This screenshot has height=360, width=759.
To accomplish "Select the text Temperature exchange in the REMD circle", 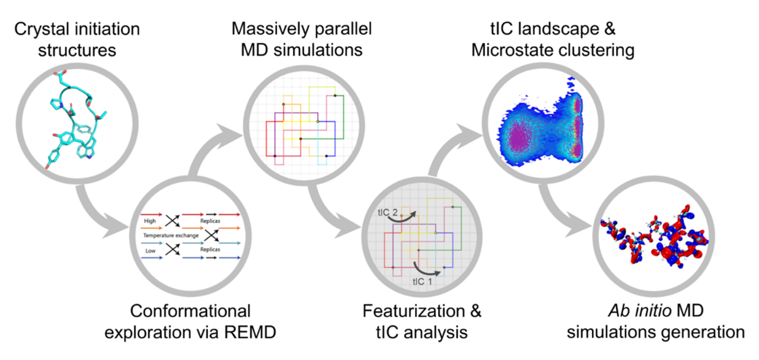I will [x=168, y=235].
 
